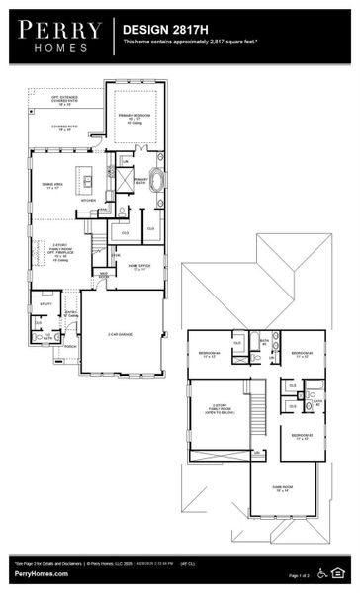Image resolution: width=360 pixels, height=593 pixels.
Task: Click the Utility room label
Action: (45, 304)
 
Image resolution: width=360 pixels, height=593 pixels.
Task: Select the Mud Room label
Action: (102, 275)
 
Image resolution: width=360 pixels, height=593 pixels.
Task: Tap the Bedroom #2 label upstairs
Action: (303, 436)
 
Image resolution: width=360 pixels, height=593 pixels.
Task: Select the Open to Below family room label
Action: (219, 411)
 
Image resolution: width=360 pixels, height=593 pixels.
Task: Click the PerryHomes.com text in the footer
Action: (41, 573)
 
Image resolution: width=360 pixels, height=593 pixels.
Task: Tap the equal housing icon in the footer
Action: (340, 571)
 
